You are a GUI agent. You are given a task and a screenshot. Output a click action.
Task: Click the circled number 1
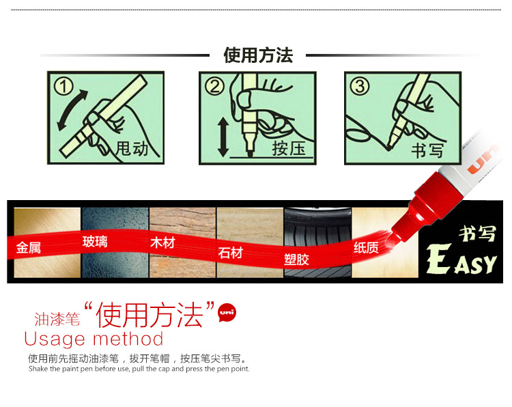click(x=63, y=87)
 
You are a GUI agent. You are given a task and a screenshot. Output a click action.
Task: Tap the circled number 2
click(x=214, y=87)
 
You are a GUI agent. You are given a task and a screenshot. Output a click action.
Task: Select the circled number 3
click(x=360, y=86)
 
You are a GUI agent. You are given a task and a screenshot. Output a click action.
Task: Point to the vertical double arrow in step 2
click(x=223, y=137)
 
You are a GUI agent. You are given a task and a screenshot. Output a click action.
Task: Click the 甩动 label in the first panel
click(x=132, y=149)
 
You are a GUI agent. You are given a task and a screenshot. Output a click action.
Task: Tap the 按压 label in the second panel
click(x=289, y=149)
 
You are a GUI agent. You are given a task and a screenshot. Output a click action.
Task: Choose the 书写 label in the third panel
click(x=427, y=151)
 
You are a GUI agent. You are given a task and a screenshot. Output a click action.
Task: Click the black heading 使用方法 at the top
click(x=258, y=55)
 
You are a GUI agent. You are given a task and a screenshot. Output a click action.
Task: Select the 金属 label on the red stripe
click(x=29, y=247)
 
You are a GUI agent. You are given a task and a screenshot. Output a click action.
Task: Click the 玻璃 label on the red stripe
click(x=95, y=242)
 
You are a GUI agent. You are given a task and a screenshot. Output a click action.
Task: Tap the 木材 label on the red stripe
click(x=162, y=242)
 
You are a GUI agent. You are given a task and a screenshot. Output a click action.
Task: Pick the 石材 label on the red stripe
click(x=230, y=253)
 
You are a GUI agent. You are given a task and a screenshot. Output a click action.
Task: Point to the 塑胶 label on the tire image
click(x=296, y=259)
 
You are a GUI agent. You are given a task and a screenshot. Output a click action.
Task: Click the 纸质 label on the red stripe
click(x=366, y=248)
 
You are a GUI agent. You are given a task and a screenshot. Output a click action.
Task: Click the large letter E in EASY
click(x=439, y=259)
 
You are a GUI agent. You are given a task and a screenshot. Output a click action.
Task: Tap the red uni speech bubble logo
click(x=227, y=313)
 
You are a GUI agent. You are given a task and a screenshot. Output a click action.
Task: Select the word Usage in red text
click(x=55, y=339)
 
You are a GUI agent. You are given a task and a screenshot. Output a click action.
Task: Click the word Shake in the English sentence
click(x=38, y=369)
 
